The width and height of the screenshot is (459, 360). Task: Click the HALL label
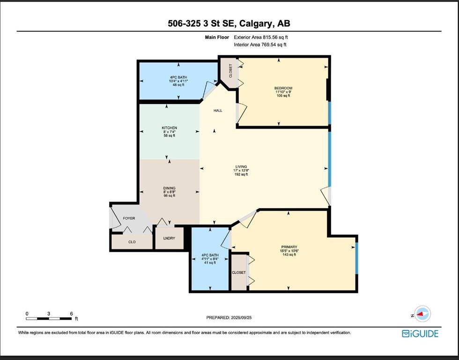point(218,111)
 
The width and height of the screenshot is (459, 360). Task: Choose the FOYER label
point(129,218)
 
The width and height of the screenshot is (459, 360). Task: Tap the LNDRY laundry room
point(169,238)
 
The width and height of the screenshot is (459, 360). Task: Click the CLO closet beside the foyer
point(132,242)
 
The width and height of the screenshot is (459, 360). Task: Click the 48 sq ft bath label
point(178,81)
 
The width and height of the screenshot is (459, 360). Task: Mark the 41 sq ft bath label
point(210,259)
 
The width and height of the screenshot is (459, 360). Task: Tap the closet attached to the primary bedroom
point(239,272)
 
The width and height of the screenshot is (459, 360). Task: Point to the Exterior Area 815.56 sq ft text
point(261,37)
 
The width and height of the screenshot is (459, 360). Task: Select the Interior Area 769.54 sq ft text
point(260,45)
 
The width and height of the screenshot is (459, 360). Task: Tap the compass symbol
point(422,314)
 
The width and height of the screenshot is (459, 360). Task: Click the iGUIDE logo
point(420,334)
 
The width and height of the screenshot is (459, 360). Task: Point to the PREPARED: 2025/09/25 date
point(229,317)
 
